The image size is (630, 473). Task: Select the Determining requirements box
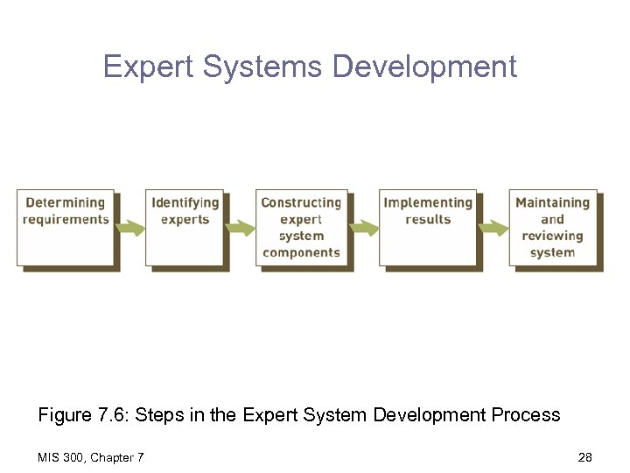click(66, 227)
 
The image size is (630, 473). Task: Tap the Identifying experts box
click(185, 227)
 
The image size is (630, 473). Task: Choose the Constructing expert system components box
click(301, 228)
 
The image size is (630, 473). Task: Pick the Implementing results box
click(427, 227)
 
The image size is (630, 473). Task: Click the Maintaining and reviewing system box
click(552, 228)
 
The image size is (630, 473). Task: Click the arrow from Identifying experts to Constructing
click(240, 228)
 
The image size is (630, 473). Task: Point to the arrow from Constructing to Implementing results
click(365, 228)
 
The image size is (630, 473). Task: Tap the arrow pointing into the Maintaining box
click(493, 228)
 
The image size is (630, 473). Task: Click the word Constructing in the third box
click(301, 203)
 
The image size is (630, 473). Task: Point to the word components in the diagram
click(301, 253)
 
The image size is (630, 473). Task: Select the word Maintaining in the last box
click(552, 203)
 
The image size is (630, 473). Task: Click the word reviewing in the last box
click(552, 236)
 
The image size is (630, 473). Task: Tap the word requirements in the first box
click(66, 220)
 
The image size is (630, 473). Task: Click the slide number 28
click(584, 456)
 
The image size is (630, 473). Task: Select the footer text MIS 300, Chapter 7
click(91, 456)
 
